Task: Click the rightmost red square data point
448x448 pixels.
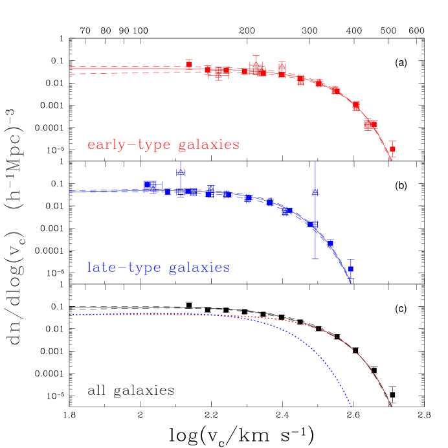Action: (x=392, y=150)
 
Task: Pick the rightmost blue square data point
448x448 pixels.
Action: (x=351, y=269)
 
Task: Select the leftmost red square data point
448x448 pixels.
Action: (x=189, y=63)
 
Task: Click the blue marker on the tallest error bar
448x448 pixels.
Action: (x=315, y=192)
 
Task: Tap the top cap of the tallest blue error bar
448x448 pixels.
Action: (x=315, y=162)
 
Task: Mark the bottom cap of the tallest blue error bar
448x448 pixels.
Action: (x=315, y=259)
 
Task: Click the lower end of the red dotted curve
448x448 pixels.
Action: (x=391, y=406)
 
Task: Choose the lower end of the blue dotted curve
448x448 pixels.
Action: (x=352, y=407)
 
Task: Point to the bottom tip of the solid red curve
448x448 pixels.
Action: (x=391, y=159)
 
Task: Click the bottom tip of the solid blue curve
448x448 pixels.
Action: (x=351, y=283)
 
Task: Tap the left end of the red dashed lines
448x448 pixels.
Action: (x=71, y=70)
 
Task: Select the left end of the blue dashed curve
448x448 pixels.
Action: (x=71, y=192)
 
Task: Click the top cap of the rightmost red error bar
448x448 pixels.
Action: (x=392, y=141)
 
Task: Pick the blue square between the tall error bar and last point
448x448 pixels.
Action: (x=330, y=243)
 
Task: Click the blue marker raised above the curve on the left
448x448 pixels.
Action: (x=181, y=172)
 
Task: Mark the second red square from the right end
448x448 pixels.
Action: (x=370, y=124)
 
